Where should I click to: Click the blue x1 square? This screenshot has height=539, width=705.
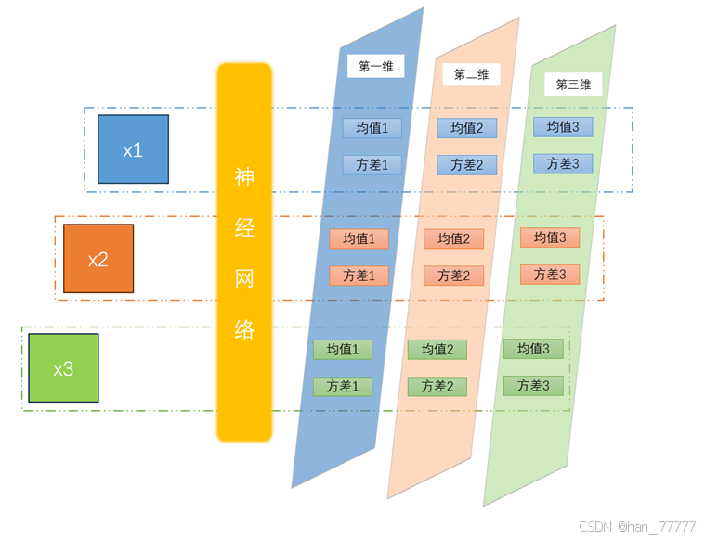(133, 149)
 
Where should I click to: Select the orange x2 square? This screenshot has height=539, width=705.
(98, 259)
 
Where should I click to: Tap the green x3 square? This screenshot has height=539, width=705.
(63, 368)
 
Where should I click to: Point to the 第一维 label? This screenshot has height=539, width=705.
(375, 66)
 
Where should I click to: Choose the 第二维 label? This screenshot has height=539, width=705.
(471, 74)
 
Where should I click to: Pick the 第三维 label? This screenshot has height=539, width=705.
(573, 84)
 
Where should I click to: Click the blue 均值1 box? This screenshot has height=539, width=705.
(372, 128)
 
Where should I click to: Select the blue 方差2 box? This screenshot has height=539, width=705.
(467, 165)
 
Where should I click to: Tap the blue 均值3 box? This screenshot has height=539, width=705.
(563, 127)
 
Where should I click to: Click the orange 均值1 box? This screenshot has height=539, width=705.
(359, 239)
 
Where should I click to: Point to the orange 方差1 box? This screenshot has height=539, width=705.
(359, 276)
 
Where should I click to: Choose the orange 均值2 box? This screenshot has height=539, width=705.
(454, 239)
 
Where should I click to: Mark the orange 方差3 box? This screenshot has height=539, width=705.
(550, 275)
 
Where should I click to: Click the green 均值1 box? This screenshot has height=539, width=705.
(343, 350)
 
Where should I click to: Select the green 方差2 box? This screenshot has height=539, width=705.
(437, 387)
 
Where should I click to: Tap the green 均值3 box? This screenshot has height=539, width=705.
(533, 349)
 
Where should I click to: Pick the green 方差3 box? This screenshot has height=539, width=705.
(533, 386)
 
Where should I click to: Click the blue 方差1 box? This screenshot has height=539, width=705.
(372, 165)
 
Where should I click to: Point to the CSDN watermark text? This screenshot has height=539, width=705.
(637, 526)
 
